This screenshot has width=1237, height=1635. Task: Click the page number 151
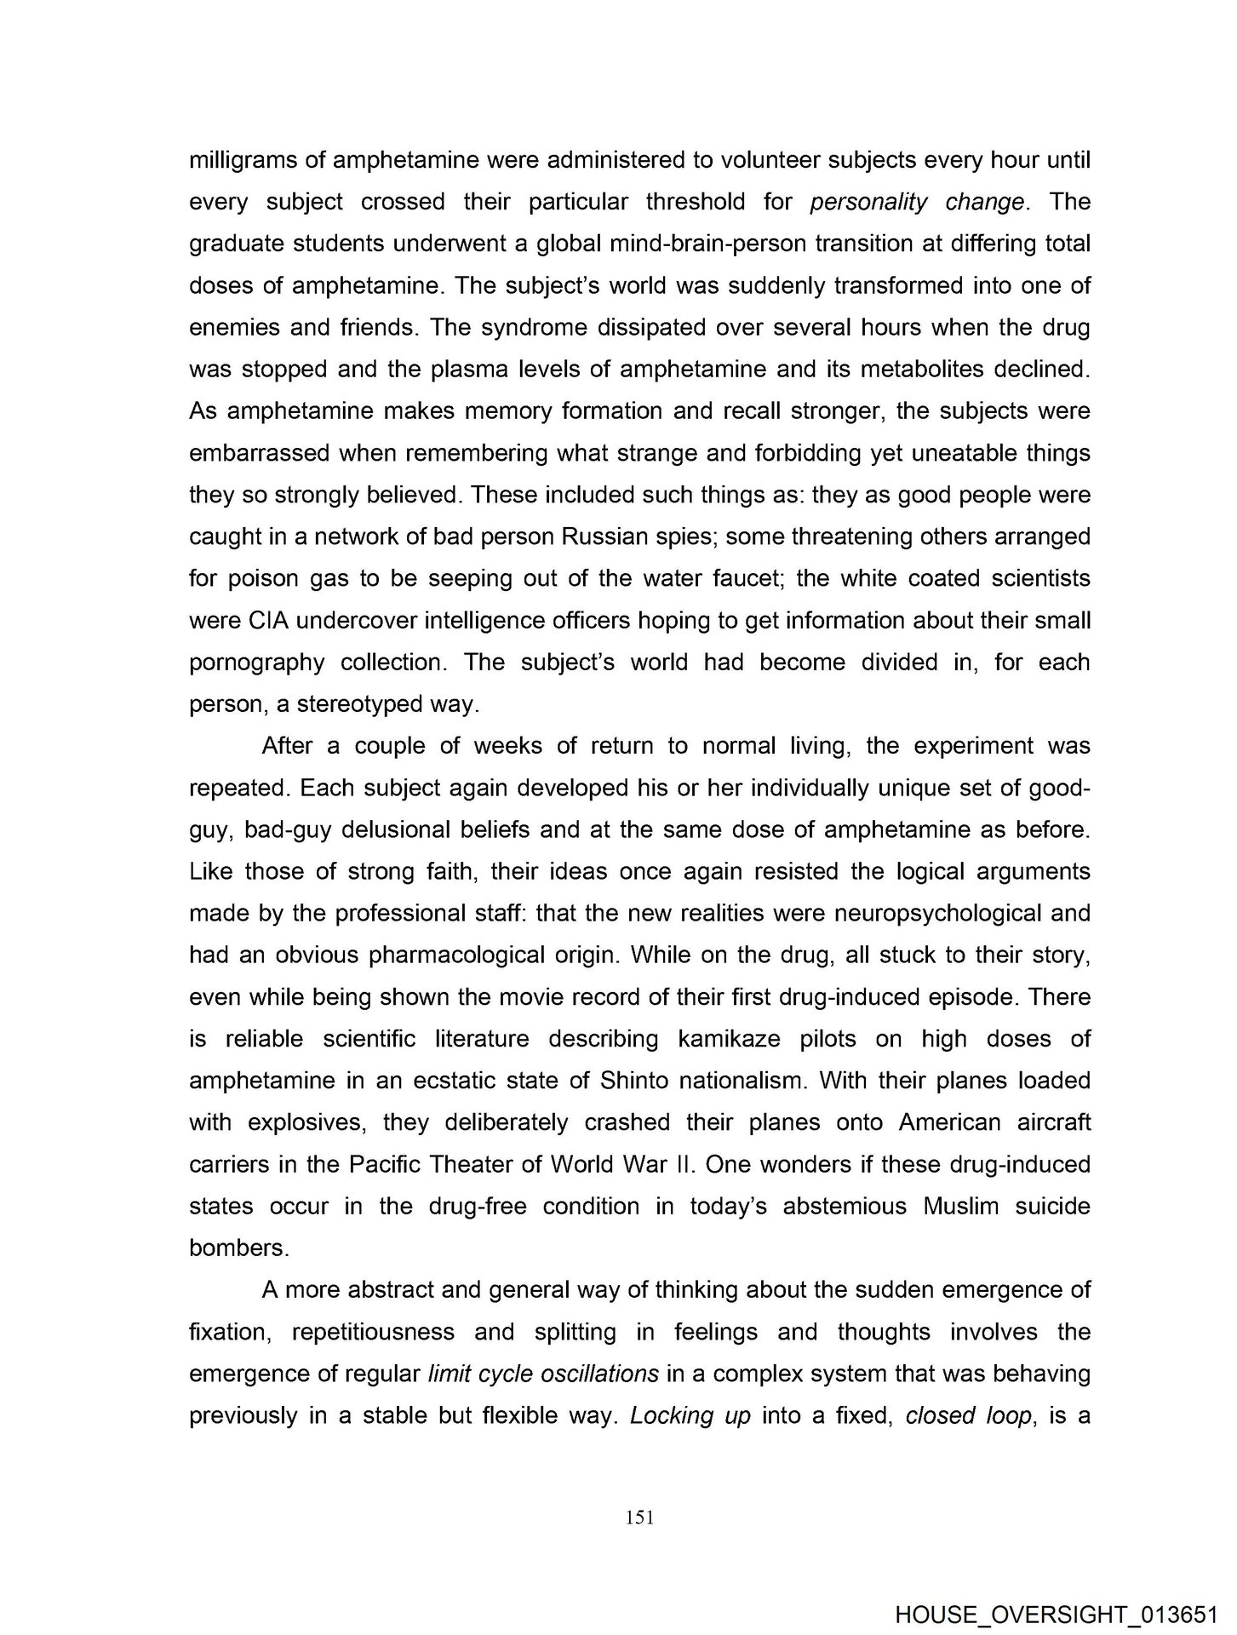pyautogui.click(x=639, y=1517)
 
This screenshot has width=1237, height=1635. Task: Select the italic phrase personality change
pyautogui.click(x=917, y=202)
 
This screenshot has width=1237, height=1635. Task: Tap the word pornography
pyautogui.click(x=256, y=663)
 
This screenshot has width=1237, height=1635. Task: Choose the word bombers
pyautogui.click(x=238, y=1248)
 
